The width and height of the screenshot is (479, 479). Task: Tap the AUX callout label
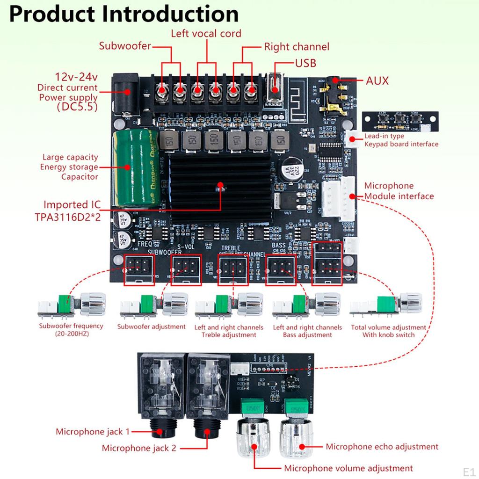(377, 80)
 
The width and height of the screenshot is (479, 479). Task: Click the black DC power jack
(125, 94)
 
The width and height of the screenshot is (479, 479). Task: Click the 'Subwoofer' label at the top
(125, 46)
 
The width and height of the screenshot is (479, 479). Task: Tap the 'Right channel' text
(297, 47)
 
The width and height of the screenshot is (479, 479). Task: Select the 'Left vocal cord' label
(206, 33)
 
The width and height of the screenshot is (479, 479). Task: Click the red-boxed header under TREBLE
(231, 269)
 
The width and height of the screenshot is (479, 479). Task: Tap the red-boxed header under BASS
(281, 269)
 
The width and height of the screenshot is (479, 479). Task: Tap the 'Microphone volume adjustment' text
(348, 468)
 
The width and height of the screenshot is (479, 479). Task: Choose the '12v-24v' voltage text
(76, 77)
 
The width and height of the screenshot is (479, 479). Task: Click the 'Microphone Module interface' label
(399, 191)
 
